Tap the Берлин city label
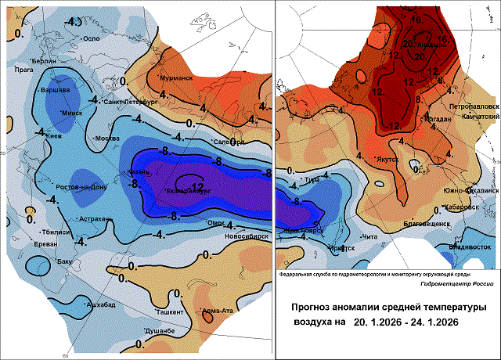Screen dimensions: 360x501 click(x=44, y=60)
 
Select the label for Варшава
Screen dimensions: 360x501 click(x=56, y=89)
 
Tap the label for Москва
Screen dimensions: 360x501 click(x=106, y=139)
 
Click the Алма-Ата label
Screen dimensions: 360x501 click(x=216, y=311)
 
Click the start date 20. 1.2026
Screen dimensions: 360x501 click(x=382, y=322)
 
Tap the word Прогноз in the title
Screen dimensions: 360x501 click(x=313, y=307)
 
